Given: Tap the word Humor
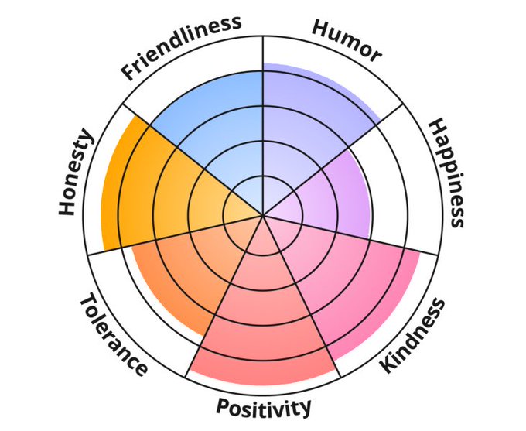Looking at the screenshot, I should pyautogui.click(x=347, y=39).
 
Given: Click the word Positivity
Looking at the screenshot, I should pyautogui.click(x=264, y=406).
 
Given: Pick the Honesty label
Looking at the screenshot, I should pyautogui.click(x=76, y=173).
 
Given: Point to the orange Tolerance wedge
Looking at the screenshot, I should pyautogui.click(x=186, y=271).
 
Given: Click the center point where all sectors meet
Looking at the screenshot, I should pyautogui.click(x=263, y=215).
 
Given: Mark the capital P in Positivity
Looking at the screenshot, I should pyautogui.click(x=224, y=406).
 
